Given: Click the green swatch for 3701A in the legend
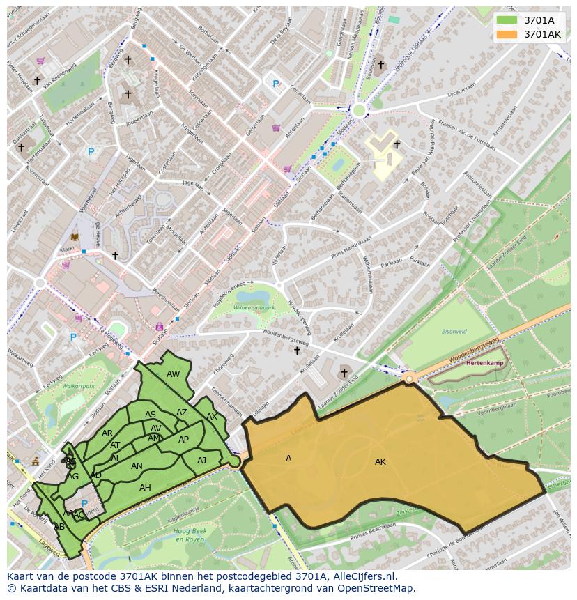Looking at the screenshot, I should [x=507, y=20].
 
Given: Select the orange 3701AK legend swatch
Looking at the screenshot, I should [x=507, y=34].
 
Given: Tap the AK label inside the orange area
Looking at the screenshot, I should [x=380, y=462].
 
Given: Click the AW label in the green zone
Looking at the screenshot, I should [x=173, y=374].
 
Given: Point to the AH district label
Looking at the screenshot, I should [x=145, y=488].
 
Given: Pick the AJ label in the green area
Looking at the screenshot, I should [x=201, y=461].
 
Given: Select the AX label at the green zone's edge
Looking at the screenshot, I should [x=212, y=417].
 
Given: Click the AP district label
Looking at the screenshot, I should [x=183, y=440].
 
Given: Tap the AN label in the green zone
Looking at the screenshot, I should [x=137, y=466].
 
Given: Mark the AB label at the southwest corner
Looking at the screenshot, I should [x=59, y=527].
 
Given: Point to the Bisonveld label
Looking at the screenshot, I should [x=454, y=332].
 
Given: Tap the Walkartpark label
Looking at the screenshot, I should [x=78, y=385].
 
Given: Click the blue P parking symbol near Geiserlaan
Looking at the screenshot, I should [x=275, y=84].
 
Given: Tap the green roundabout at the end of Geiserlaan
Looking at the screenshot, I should [x=359, y=110].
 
